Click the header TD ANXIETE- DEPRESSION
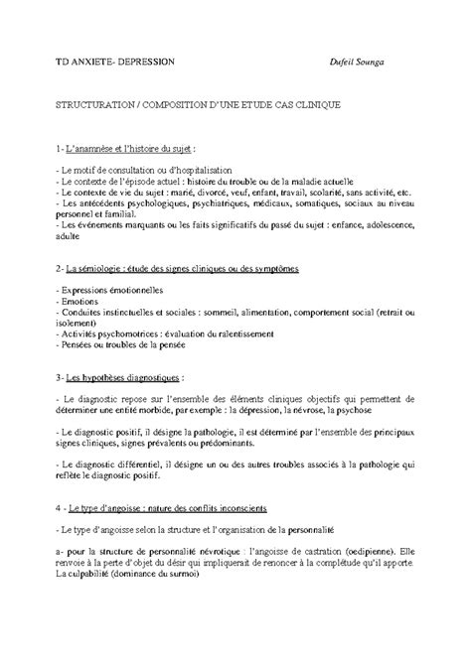[x=114, y=61]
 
